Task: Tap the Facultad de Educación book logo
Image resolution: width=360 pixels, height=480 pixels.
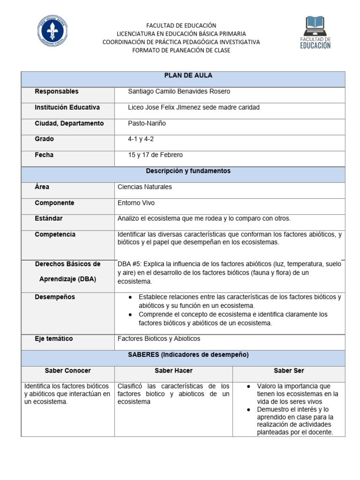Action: [315, 32]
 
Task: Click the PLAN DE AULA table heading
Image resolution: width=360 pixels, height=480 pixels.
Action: [182, 75]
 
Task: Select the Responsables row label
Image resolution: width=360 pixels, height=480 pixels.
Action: [57, 91]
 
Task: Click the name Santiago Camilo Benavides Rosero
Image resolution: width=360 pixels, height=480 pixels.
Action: [179, 91]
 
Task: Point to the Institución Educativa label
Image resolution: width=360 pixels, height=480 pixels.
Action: [67, 107]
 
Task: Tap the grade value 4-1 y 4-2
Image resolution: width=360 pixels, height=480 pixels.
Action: [141, 139]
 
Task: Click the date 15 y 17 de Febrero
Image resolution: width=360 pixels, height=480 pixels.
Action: [155, 155]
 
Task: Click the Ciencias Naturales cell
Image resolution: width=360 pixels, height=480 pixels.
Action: [145, 187]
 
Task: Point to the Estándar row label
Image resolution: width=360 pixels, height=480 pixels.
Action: [48, 218]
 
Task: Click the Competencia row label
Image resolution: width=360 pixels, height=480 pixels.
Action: [55, 234]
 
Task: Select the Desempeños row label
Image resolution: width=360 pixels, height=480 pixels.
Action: [55, 297]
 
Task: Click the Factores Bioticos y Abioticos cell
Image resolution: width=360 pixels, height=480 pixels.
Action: [159, 338]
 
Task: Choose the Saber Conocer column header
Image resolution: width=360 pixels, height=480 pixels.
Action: [68, 371]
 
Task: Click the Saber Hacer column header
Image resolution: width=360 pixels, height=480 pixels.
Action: [173, 371]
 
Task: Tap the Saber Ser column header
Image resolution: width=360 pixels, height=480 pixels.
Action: [289, 371]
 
